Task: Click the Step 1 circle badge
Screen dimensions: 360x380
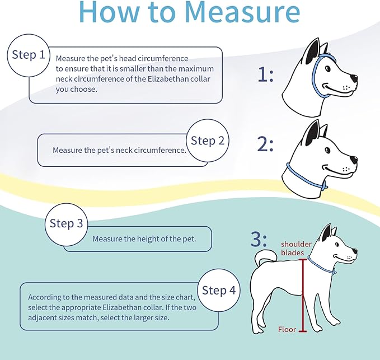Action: click(x=29, y=55)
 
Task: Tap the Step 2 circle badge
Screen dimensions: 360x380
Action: click(x=207, y=141)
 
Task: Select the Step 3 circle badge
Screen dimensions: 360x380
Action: click(x=66, y=223)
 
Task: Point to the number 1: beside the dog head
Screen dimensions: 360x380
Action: click(x=265, y=74)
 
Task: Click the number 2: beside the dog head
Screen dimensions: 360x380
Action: click(x=265, y=144)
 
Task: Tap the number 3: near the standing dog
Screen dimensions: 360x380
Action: click(x=259, y=240)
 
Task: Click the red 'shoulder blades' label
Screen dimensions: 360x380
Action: click(x=293, y=248)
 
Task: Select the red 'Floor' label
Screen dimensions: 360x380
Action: click(x=287, y=330)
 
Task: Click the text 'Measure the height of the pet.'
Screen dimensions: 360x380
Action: click(x=144, y=239)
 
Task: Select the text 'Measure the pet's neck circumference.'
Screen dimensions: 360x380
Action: click(x=119, y=150)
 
